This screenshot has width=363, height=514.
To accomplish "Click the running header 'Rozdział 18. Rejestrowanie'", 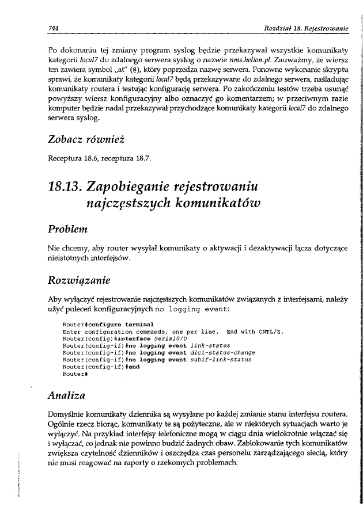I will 305,28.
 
